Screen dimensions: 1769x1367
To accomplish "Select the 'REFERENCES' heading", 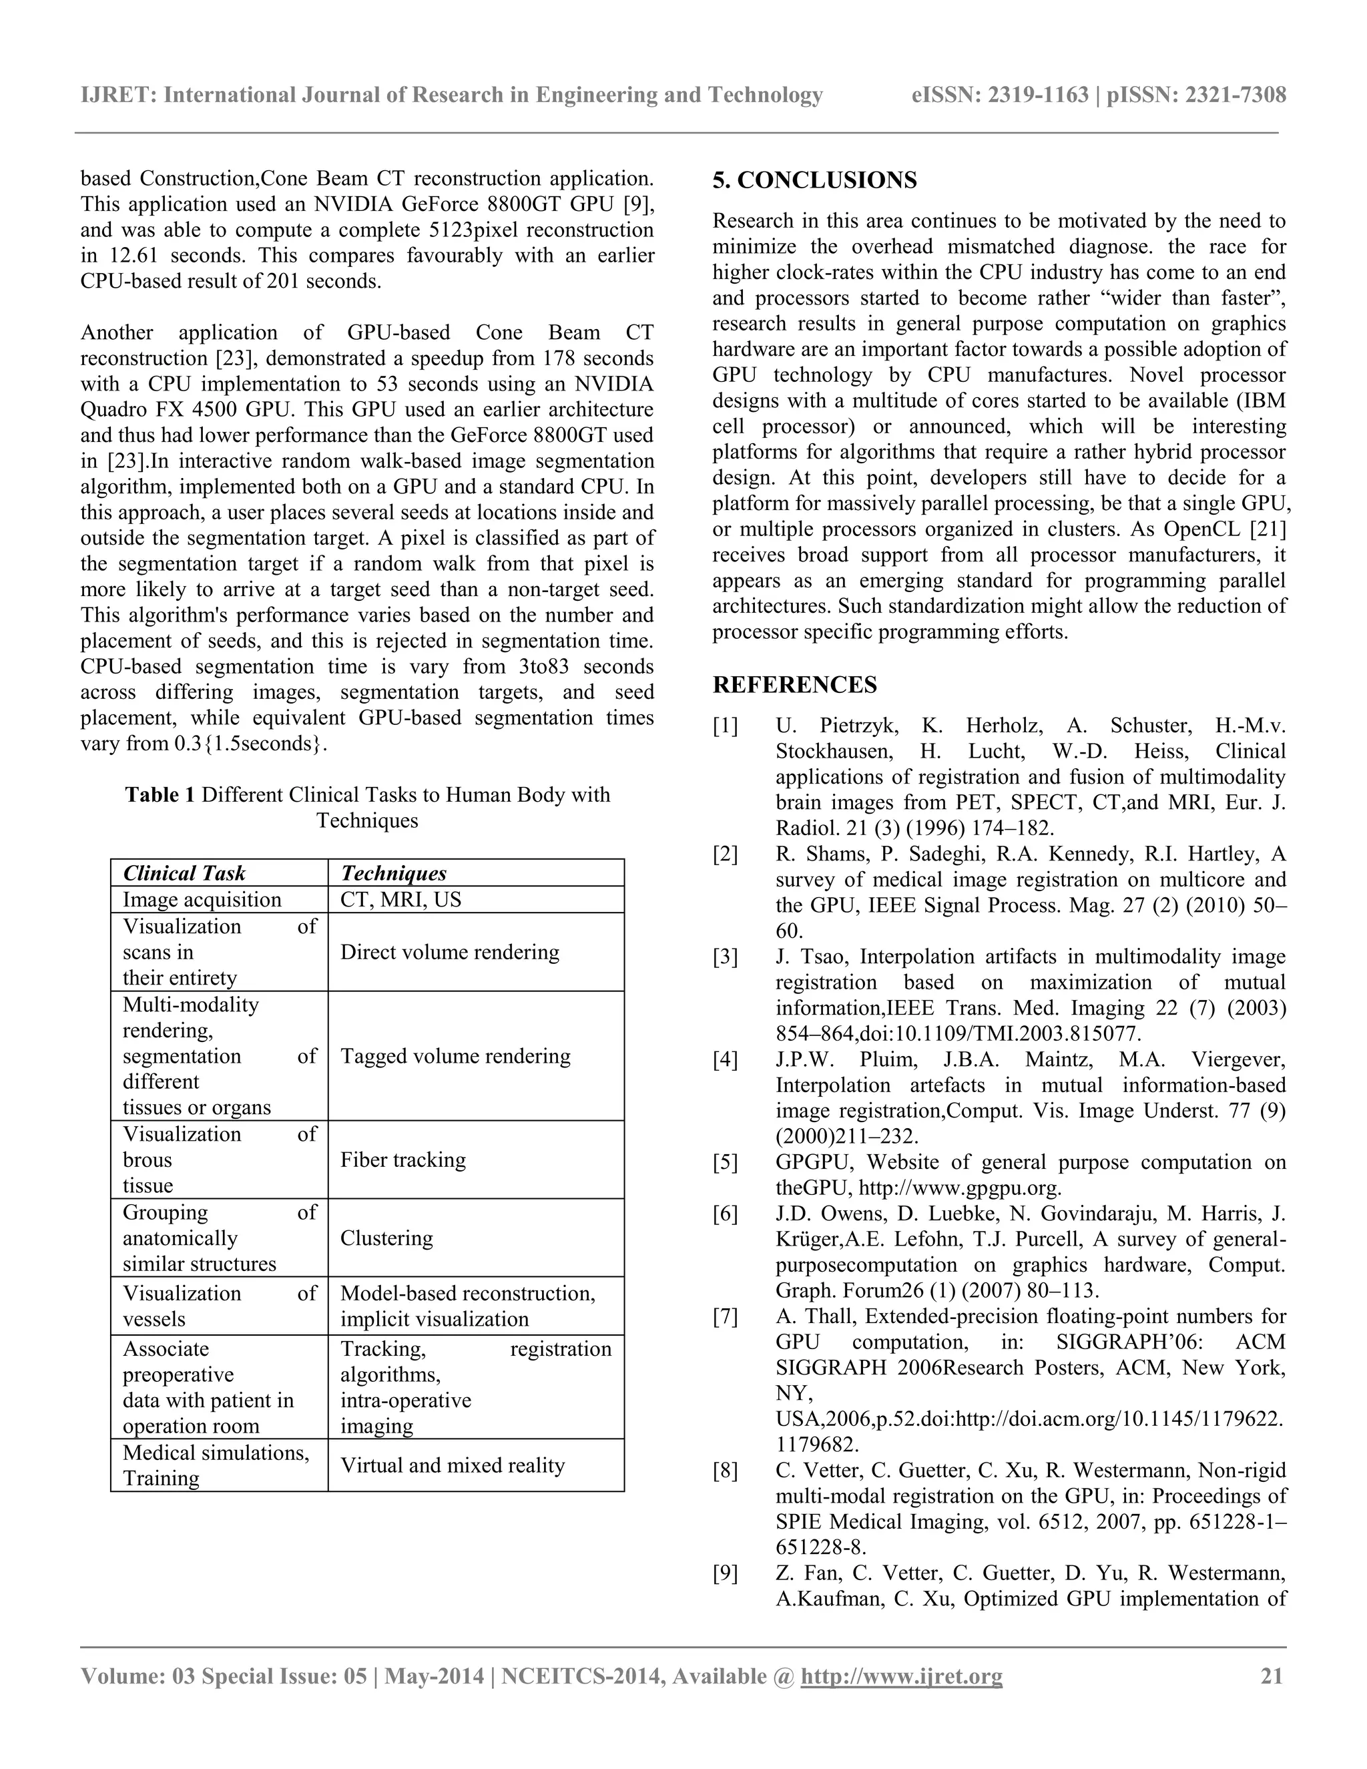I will point(794,686).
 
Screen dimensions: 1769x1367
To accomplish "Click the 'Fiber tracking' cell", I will point(402,1160).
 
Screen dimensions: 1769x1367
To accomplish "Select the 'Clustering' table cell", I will point(386,1238).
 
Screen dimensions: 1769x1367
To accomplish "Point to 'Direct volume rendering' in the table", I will point(449,952).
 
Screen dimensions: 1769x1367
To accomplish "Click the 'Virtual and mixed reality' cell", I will point(452,1465).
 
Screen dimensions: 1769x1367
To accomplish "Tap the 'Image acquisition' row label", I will point(202,900).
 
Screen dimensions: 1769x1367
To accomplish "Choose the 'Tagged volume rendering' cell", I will point(455,1056).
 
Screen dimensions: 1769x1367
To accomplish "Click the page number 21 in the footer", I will point(1272,1676).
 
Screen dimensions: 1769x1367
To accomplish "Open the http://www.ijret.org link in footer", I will point(900,1676).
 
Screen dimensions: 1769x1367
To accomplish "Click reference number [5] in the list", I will point(725,1162).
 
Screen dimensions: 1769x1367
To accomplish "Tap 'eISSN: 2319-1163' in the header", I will point(999,95).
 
